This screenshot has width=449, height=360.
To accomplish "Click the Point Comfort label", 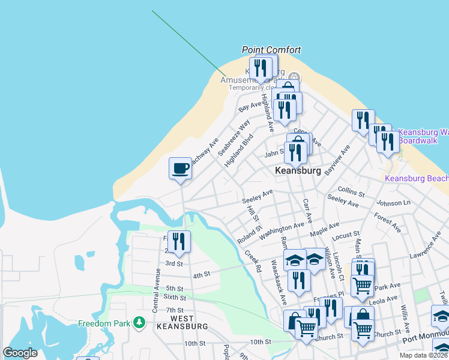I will [x=271, y=50].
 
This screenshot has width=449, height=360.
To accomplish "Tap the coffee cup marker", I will [x=180, y=168].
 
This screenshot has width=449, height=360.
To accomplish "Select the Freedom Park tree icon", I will [x=139, y=323].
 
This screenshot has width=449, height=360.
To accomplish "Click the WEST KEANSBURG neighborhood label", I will [x=181, y=322].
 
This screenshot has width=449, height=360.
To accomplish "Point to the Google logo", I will [x=20, y=353].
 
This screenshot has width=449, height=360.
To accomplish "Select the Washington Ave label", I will [x=282, y=228].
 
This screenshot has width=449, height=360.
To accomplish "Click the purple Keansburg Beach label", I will [x=416, y=178].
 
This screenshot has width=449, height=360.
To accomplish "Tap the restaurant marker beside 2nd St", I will [x=179, y=242].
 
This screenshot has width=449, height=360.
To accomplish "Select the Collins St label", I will [x=351, y=191].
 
